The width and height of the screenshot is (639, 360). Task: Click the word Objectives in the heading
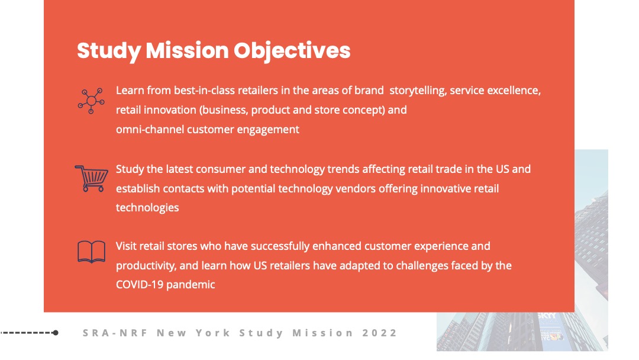pyautogui.click(x=292, y=50)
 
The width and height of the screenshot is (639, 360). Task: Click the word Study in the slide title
pyautogui.click(x=109, y=50)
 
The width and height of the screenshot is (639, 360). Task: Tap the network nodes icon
pyautogui.click(x=91, y=101)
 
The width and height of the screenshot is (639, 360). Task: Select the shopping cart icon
pyautogui.click(x=91, y=178)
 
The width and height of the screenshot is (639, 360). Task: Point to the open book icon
pyautogui.click(x=91, y=252)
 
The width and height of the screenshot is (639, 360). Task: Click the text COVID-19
pyautogui.click(x=140, y=285)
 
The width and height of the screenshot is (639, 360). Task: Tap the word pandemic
pyautogui.click(x=191, y=285)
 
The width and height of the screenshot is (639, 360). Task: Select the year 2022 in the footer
pyautogui.click(x=379, y=333)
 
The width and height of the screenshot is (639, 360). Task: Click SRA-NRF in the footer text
pyautogui.click(x=115, y=333)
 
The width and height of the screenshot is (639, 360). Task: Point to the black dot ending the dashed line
pyautogui.click(x=56, y=333)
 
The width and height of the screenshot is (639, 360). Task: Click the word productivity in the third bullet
pyautogui.click(x=146, y=266)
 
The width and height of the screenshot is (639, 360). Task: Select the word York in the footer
pyautogui.click(x=213, y=333)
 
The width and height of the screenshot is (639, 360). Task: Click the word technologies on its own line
pyautogui.click(x=147, y=208)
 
